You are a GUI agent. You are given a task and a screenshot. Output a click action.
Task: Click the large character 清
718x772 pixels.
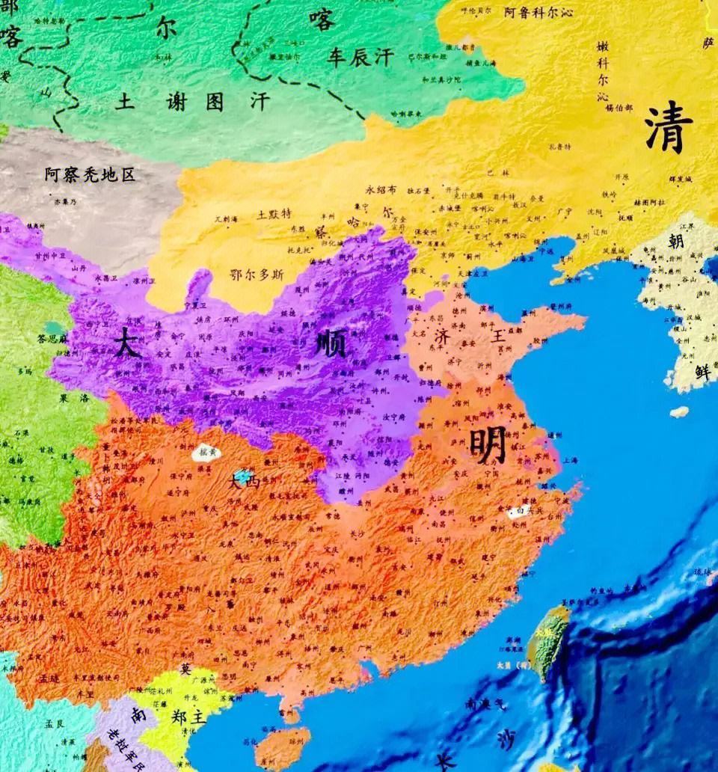[x=669, y=127]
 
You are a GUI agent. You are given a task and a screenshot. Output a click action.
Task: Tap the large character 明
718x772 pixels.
[x=488, y=445]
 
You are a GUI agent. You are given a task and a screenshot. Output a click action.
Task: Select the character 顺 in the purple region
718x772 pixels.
[x=329, y=346]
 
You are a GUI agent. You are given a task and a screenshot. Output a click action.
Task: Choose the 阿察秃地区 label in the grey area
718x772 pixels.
[x=90, y=175]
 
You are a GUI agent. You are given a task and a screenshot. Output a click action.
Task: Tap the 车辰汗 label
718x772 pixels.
[x=359, y=58]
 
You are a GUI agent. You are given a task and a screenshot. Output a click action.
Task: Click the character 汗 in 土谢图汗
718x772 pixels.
[x=260, y=102]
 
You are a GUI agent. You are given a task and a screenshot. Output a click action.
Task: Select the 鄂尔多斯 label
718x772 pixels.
[x=257, y=275]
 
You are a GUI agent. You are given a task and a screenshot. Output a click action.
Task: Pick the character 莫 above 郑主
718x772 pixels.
[x=185, y=669]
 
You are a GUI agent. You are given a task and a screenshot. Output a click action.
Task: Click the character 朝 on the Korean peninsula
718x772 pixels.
[x=676, y=241]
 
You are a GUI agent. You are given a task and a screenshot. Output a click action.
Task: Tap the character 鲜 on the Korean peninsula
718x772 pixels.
[x=702, y=371]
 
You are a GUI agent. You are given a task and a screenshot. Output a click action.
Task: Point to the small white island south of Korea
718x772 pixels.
[x=678, y=411]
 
